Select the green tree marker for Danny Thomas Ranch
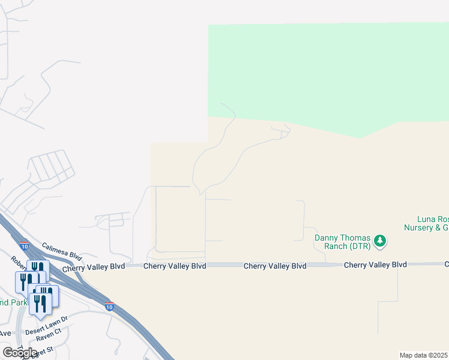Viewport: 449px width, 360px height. (379, 241)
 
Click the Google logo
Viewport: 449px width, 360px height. (20, 353)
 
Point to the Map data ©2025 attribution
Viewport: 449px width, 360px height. (424, 355)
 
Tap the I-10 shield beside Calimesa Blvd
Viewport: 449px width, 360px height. (24, 245)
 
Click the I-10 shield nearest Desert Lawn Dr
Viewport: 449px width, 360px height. (109, 306)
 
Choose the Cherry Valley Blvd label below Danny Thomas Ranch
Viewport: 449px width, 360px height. (375, 265)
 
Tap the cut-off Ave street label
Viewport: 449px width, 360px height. (5, 333)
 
